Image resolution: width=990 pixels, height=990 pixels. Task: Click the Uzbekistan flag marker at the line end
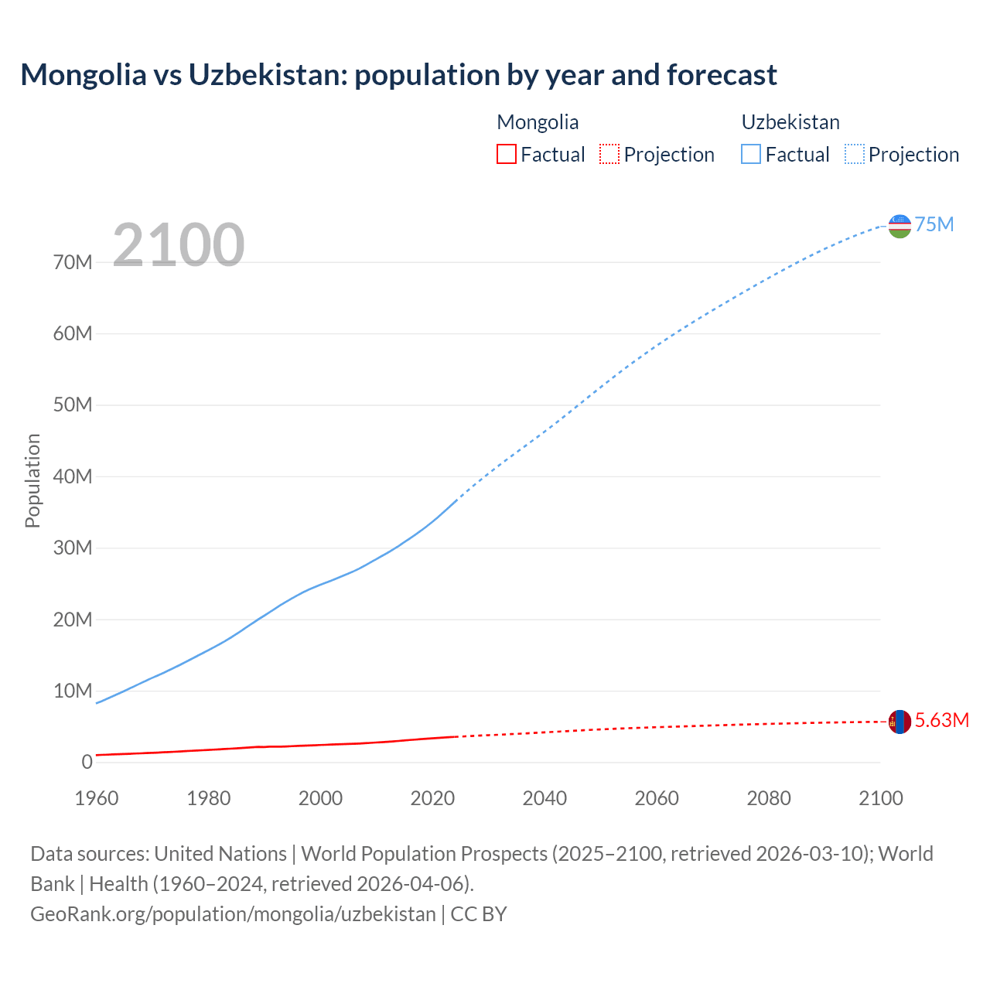click(x=900, y=226)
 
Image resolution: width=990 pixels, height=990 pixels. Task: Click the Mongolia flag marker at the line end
click(x=900, y=722)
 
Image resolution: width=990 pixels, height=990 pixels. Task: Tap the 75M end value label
click(x=934, y=225)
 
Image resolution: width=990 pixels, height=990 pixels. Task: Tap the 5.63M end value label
click(x=941, y=721)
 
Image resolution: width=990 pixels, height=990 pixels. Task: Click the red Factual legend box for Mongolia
click(x=506, y=154)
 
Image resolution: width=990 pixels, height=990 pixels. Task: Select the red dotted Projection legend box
click(x=609, y=154)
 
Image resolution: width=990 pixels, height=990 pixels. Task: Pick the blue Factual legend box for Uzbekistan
click(x=750, y=154)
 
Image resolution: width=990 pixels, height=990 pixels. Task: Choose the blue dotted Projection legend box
click(x=854, y=154)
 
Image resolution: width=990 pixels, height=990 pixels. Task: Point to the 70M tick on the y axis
click(x=73, y=263)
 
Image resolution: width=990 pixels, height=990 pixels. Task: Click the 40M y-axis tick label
click(x=73, y=477)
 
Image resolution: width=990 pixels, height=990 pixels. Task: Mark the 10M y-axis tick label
click(x=73, y=691)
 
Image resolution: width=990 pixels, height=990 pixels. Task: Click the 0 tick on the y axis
click(x=87, y=763)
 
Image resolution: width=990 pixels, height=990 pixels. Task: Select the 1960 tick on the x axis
click(x=97, y=798)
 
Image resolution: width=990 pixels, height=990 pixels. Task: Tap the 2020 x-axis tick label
click(x=432, y=798)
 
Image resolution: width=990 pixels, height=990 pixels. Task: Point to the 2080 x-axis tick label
click(x=768, y=798)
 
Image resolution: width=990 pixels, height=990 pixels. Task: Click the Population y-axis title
click(x=32, y=480)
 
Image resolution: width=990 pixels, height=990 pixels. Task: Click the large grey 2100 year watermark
click(x=179, y=245)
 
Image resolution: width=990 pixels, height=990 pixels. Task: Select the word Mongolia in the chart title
click(x=83, y=75)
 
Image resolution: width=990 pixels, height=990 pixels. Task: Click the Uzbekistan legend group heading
click(x=790, y=122)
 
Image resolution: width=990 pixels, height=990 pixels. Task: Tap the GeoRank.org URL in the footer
click(x=233, y=914)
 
